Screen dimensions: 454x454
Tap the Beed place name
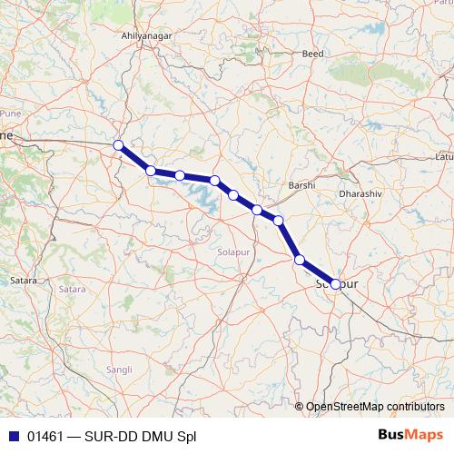click(313, 54)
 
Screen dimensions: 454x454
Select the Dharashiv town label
click(355, 193)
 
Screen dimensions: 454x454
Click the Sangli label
click(119, 370)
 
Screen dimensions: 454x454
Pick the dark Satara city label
click(23, 281)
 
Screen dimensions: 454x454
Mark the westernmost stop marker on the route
click(118, 145)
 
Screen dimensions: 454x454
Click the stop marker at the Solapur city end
click(336, 284)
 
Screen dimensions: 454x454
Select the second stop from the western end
click(151, 171)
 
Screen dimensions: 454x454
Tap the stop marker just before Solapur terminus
click(300, 261)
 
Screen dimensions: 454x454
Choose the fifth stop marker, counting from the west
click(233, 195)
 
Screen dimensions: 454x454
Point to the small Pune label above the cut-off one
click(10, 113)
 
